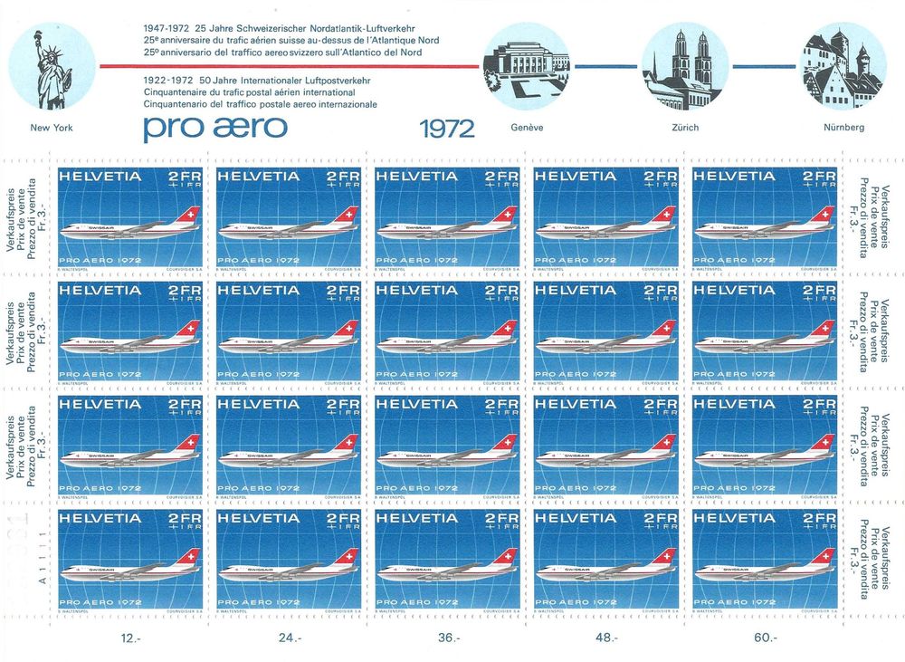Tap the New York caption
point(51,128)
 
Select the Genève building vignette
point(526,64)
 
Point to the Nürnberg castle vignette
point(843,64)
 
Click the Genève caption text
point(527,128)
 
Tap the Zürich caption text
point(685,128)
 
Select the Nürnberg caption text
point(843,128)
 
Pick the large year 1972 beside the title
point(447,129)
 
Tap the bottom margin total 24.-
point(289,638)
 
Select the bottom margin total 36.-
point(448,638)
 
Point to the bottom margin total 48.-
point(607,638)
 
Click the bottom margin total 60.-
point(765,638)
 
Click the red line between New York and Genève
point(290,66)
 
